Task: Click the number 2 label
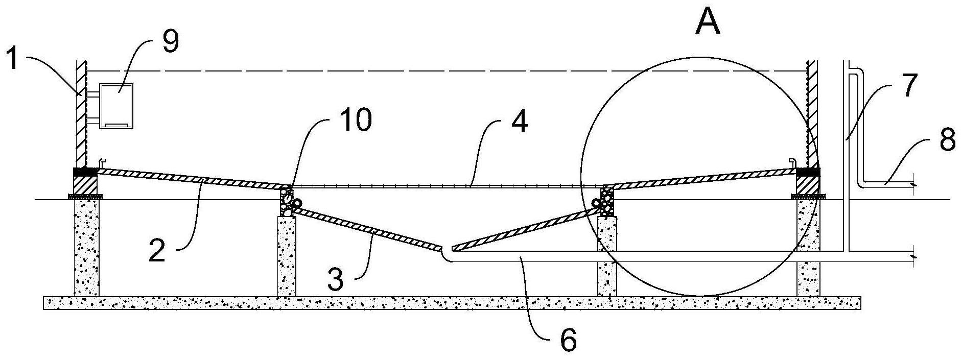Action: [x=157, y=250]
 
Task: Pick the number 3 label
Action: [x=335, y=279]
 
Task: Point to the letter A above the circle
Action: [x=708, y=21]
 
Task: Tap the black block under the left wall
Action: [x=86, y=172]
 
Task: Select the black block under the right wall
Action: [x=808, y=172]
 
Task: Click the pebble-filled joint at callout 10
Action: [x=287, y=202]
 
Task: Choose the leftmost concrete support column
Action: [x=86, y=248]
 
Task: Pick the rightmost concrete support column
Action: [x=808, y=248]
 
